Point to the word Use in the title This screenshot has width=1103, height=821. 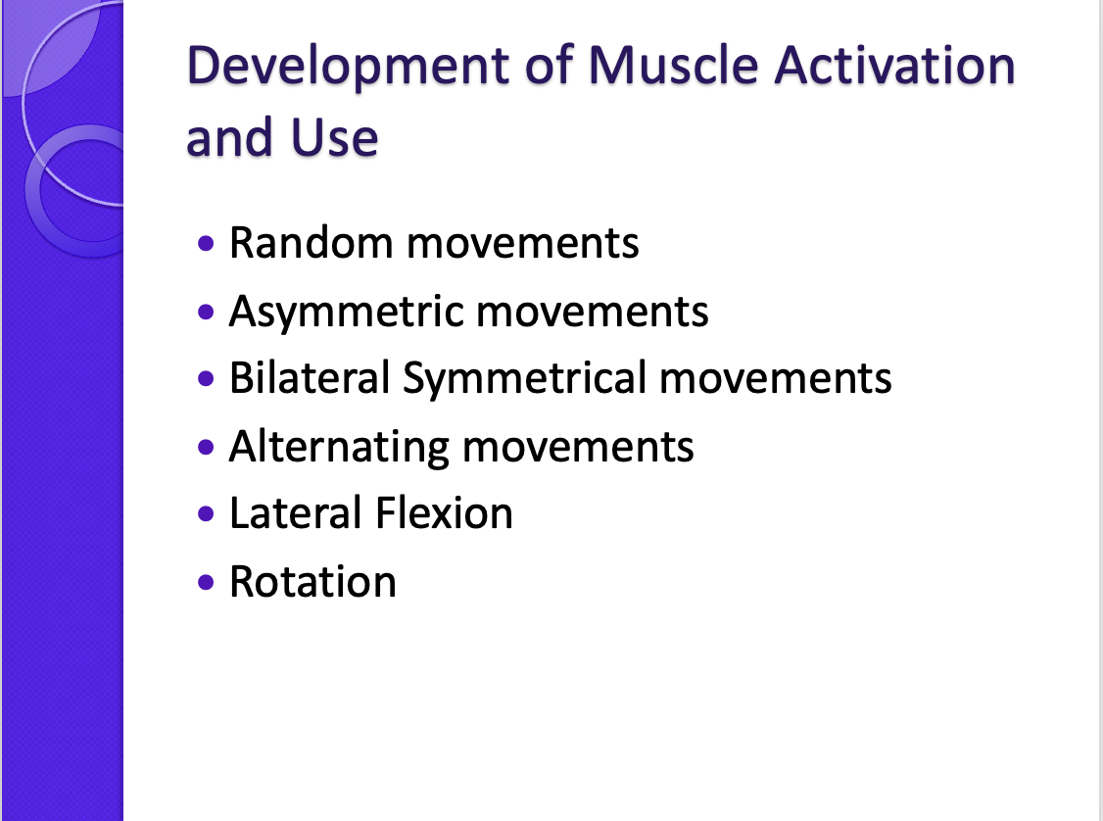[336, 138]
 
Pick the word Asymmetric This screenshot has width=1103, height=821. [345, 312]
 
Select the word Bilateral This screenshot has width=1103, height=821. [309, 378]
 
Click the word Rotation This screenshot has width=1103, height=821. [312, 582]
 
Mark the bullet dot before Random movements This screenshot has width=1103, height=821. [205, 242]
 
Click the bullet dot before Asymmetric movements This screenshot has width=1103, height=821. [205, 313]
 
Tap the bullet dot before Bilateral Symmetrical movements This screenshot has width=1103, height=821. [205, 379]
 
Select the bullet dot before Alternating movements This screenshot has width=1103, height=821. [205, 448]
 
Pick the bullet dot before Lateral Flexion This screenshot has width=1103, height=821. [205, 514]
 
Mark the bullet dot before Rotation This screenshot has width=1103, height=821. [205, 583]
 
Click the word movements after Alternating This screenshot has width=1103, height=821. [578, 448]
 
